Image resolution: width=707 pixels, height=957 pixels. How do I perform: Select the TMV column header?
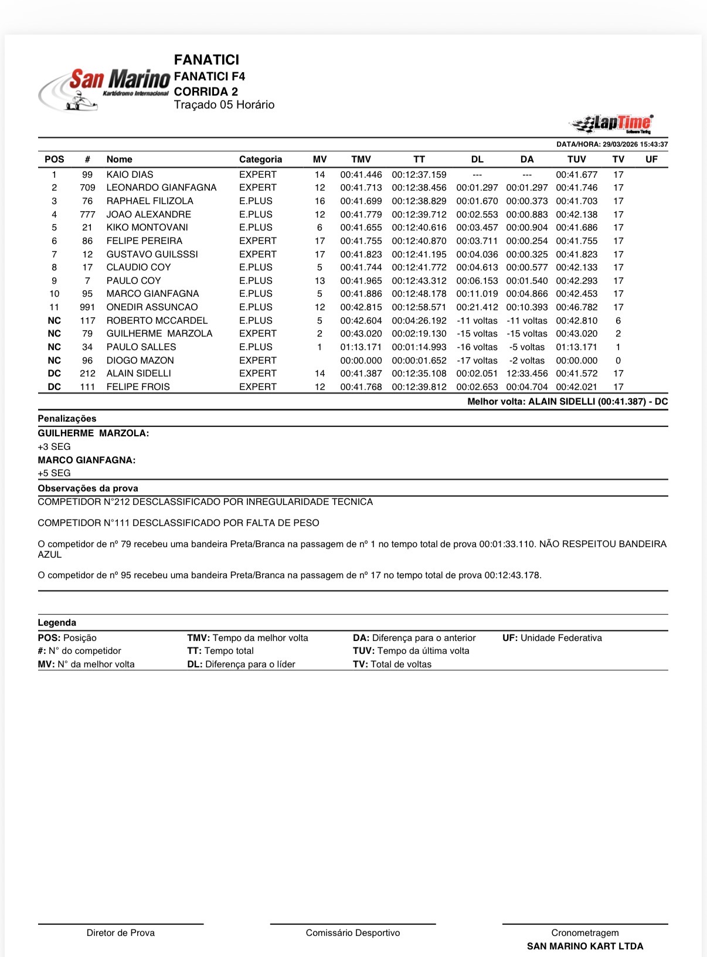click(x=361, y=159)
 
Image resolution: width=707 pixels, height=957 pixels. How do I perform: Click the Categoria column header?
click(x=260, y=159)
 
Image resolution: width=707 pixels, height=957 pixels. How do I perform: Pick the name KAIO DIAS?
click(x=130, y=175)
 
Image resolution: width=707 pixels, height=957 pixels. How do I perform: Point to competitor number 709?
click(x=87, y=188)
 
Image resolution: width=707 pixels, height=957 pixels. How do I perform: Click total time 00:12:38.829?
click(x=419, y=201)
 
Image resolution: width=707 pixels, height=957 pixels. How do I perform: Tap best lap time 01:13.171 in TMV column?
click(x=361, y=347)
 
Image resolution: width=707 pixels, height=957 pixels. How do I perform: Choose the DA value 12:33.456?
click(x=527, y=374)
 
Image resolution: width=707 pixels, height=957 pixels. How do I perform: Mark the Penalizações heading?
click(x=67, y=419)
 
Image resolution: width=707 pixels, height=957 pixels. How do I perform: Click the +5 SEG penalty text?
click(x=54, y=473)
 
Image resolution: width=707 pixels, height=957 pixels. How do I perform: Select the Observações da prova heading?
click(x=88, y=488)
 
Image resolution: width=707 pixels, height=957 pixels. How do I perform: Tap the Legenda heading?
click(x=57, y=623)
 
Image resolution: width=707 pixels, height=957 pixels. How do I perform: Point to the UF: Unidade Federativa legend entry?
click(x=552, y=638)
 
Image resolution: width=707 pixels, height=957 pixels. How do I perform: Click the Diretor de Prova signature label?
click(x=121, y=933)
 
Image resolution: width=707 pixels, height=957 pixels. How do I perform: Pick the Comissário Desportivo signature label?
click(x=353, y=933)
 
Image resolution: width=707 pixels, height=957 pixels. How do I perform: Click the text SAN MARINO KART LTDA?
click(x=585, y=946)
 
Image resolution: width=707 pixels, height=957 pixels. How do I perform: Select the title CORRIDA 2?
click(x=206, y=91)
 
